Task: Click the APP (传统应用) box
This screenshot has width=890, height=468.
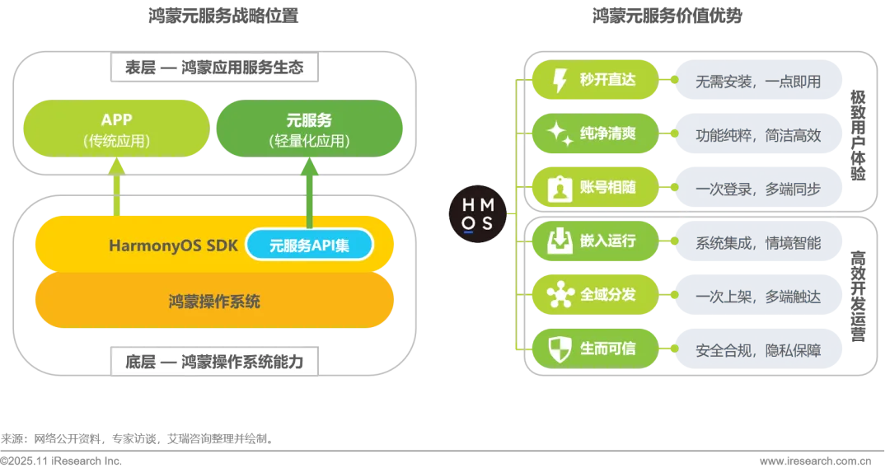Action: (x=116, y=129)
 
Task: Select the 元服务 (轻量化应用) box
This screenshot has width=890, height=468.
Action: (x=309, y=129)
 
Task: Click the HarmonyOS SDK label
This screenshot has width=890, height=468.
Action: (x=173, y=246)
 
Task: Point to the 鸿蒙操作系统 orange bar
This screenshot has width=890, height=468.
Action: (x=214, y=302)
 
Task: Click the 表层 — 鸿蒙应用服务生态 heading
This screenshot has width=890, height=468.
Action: (x=214, y=68)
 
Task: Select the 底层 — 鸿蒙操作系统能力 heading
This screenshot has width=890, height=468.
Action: (x=214, y=361)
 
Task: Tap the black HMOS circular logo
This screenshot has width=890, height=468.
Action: (x=478, y=214)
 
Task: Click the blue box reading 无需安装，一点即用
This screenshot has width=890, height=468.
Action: (x=758, y=82)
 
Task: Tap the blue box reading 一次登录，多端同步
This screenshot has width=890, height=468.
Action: (x=758, y=189)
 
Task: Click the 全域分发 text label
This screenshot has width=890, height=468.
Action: (x=608, y=294)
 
